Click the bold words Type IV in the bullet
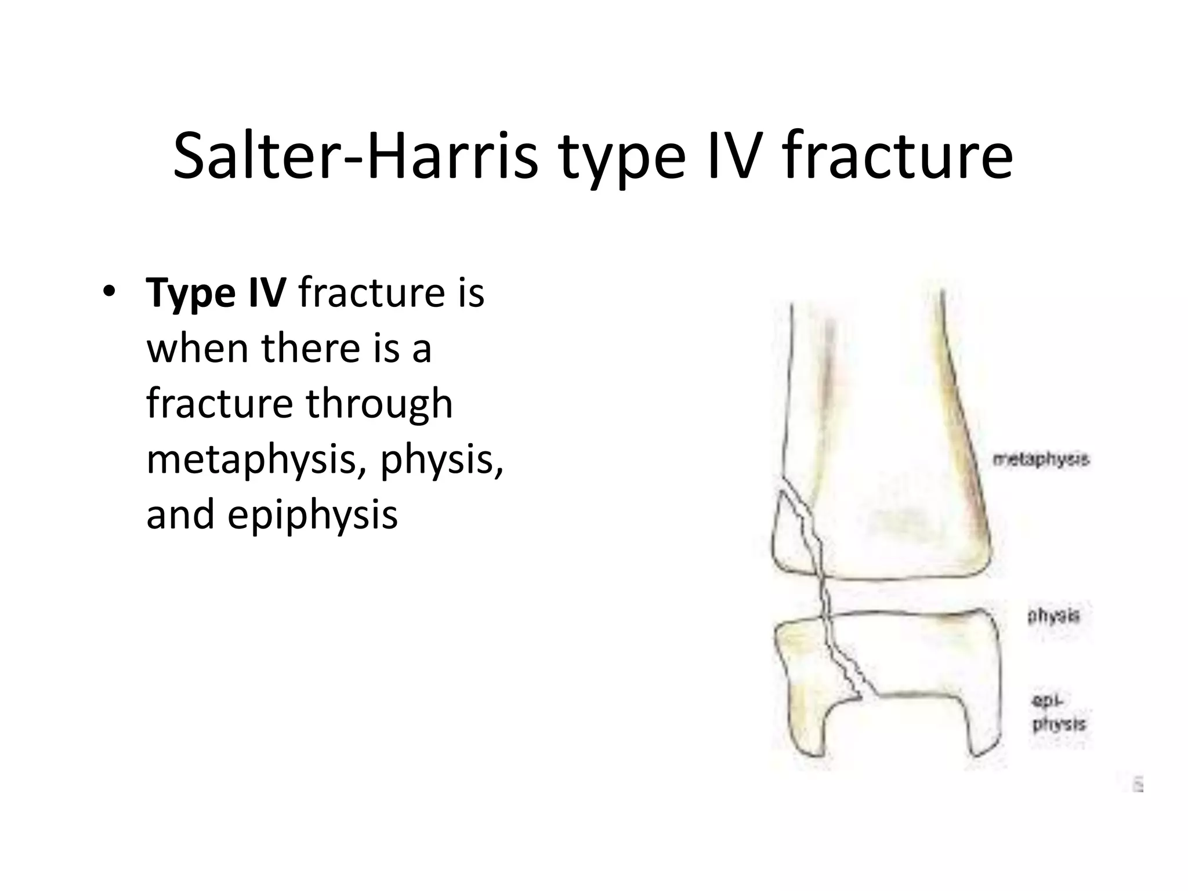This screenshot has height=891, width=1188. (215, 294)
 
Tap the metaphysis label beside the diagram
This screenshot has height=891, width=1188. (1041, 459)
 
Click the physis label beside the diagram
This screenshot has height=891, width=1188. (1054, 615)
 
